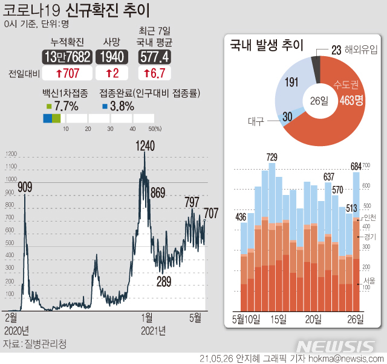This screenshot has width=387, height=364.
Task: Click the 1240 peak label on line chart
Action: click(145, 145)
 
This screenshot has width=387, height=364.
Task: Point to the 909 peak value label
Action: click(25, 187)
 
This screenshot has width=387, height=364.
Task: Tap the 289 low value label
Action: click(164, 281)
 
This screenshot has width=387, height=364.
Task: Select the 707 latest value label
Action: click(211, 213)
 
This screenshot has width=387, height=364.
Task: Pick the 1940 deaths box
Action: click(112, 57)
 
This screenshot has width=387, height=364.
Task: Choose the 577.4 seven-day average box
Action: click(154, 57)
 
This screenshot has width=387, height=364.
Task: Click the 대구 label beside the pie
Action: click(256, 121)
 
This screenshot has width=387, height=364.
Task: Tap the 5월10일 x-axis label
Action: click(246, 318)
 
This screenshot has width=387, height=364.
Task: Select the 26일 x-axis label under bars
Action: click(354, 318)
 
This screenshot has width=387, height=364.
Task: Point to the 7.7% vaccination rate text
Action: click(67, 106)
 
